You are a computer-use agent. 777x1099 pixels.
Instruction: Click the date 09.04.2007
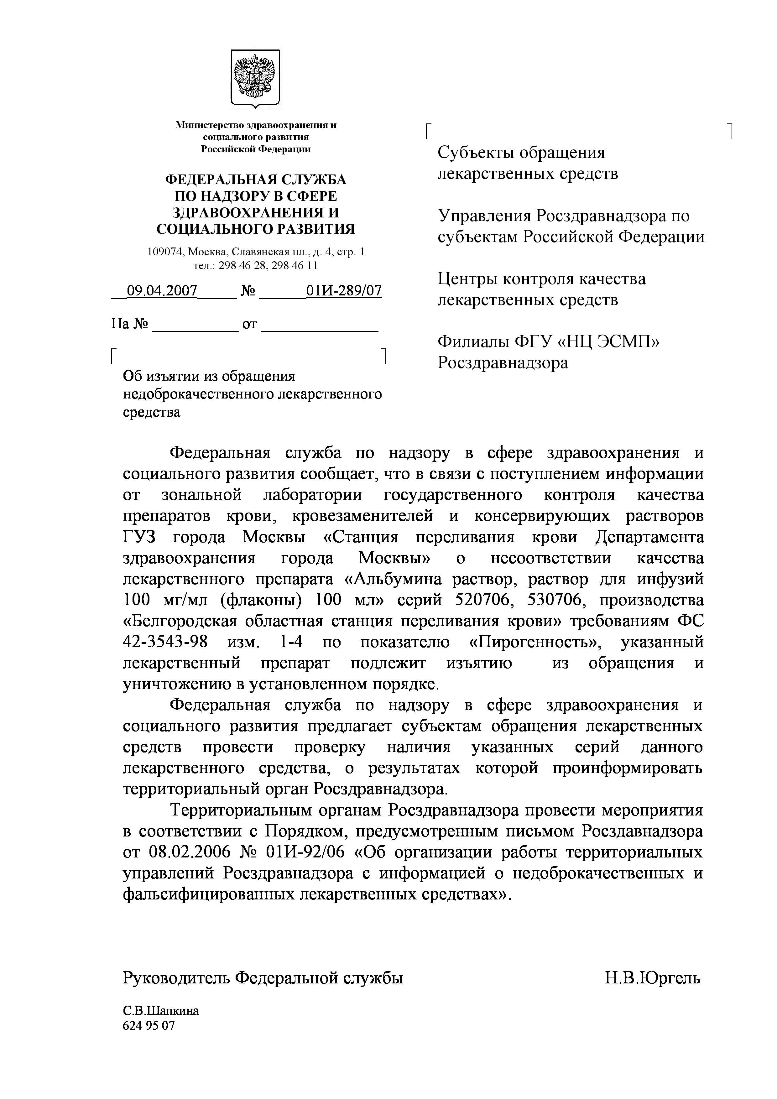(x=162, y=290)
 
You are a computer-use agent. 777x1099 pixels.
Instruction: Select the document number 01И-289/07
(x=344, y=290)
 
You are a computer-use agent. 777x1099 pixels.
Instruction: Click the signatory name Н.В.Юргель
(x=652, y=978)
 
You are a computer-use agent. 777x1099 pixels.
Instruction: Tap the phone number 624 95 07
(x=149, y=1026)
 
